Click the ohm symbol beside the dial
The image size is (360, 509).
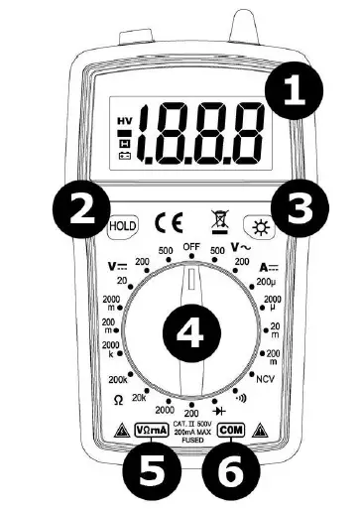coord(117,401)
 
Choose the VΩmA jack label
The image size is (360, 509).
coord(150,431)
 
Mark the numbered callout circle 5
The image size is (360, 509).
coord(151,471)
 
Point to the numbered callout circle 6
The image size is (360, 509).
coord(233,471)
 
